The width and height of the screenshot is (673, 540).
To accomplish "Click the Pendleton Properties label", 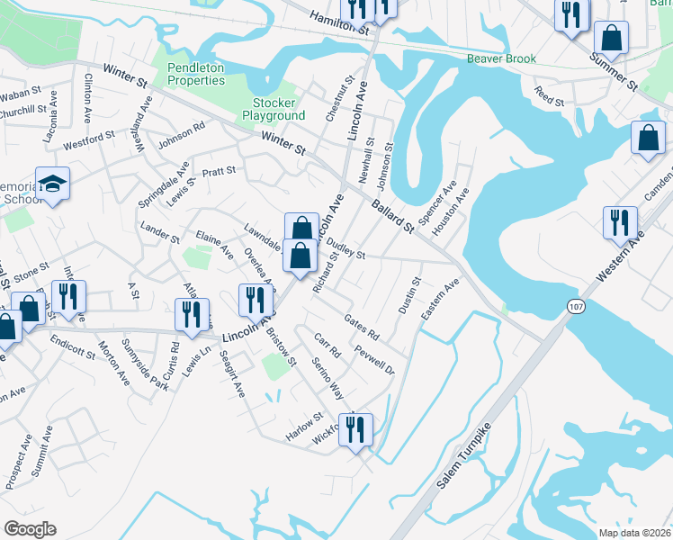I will click(x=195, y=73).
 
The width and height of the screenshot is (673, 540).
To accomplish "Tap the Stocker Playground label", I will click(x=274, y=109).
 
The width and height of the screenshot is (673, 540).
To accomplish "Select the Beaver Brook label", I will click(x=501, y=59).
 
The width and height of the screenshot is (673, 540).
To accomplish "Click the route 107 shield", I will click(x=576, y=307).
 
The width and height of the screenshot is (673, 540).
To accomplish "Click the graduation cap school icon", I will click(x=52, y=184).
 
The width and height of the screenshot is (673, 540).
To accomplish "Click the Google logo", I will click(x=30, y=528).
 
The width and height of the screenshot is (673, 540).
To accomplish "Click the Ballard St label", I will click(x=391, y=216).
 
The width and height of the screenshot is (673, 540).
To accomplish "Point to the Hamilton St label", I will click(x=339, y=19).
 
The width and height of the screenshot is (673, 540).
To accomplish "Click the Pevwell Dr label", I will click(x=374, y=359).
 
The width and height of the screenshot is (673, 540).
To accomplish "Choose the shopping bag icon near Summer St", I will click(x=611, y=38).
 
